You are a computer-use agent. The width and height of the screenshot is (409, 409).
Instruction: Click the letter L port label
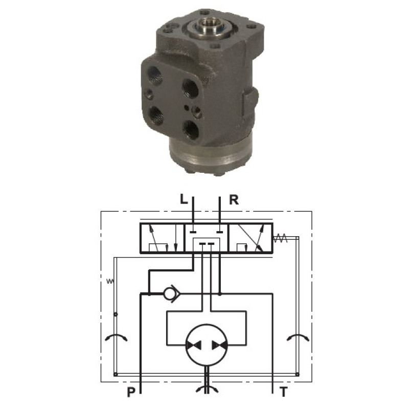coord(184,200)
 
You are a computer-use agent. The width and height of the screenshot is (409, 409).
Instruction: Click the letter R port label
coord(234,200)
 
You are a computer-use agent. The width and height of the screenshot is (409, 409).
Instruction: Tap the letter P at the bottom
coord(131,392)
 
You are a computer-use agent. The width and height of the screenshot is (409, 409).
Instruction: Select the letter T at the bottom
coord(284,392)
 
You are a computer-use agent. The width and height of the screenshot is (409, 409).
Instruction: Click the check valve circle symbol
coord(169,294)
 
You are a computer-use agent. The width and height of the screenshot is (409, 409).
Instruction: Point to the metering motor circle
coord(207,345)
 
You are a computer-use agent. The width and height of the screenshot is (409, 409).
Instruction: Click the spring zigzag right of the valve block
coord(280,238)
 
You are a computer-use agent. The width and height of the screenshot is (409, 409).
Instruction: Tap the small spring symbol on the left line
coord(110,281)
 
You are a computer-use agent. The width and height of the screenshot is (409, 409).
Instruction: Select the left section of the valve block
coord(162,238)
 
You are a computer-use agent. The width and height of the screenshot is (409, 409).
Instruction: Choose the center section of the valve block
coord(207,238)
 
